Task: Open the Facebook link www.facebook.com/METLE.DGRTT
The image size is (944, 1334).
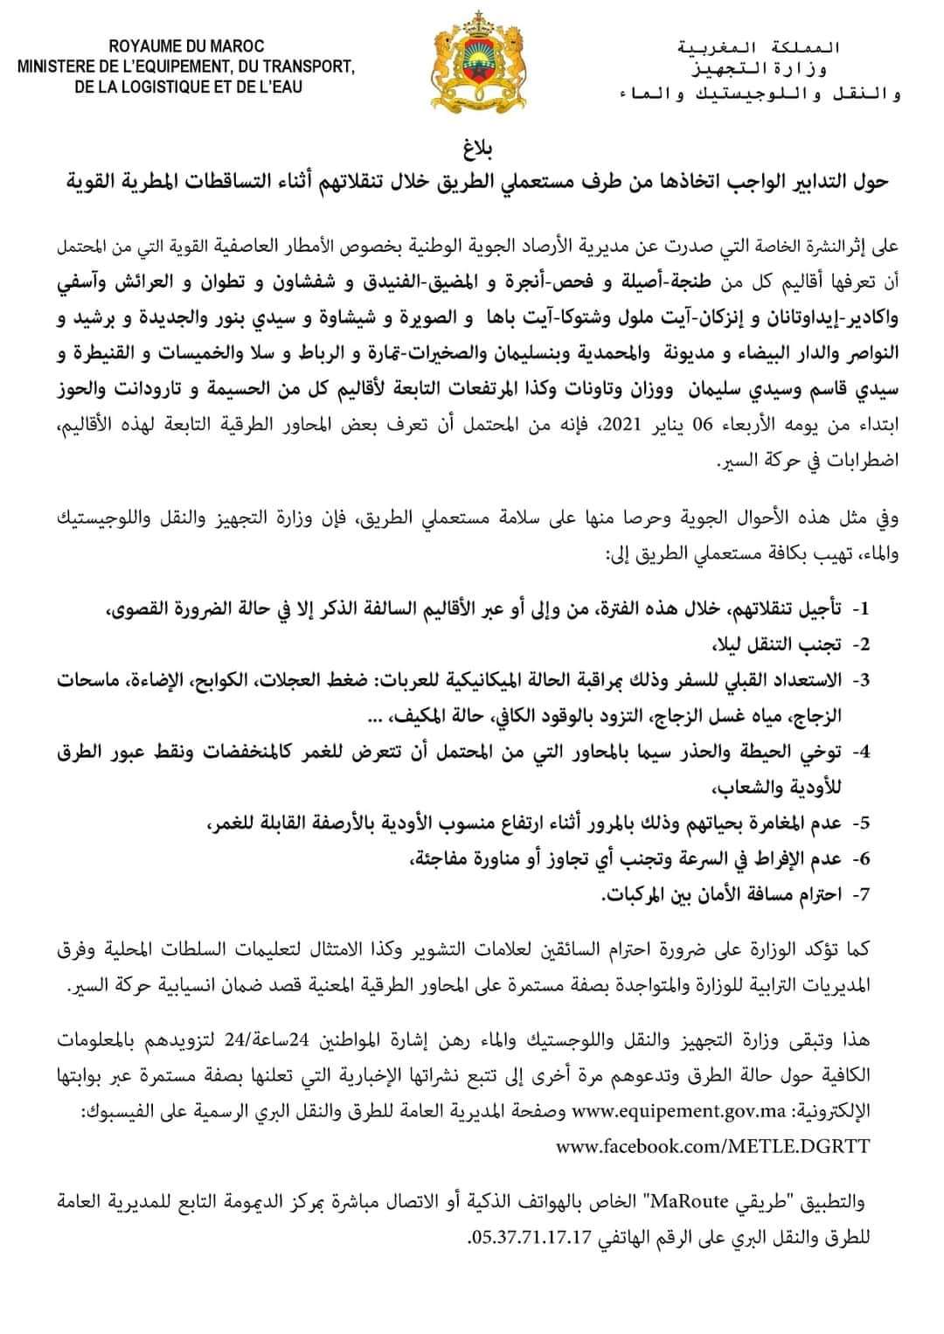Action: (x=712, y=1145)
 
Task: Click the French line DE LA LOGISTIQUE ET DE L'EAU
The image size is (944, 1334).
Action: (x=188, y=87)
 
